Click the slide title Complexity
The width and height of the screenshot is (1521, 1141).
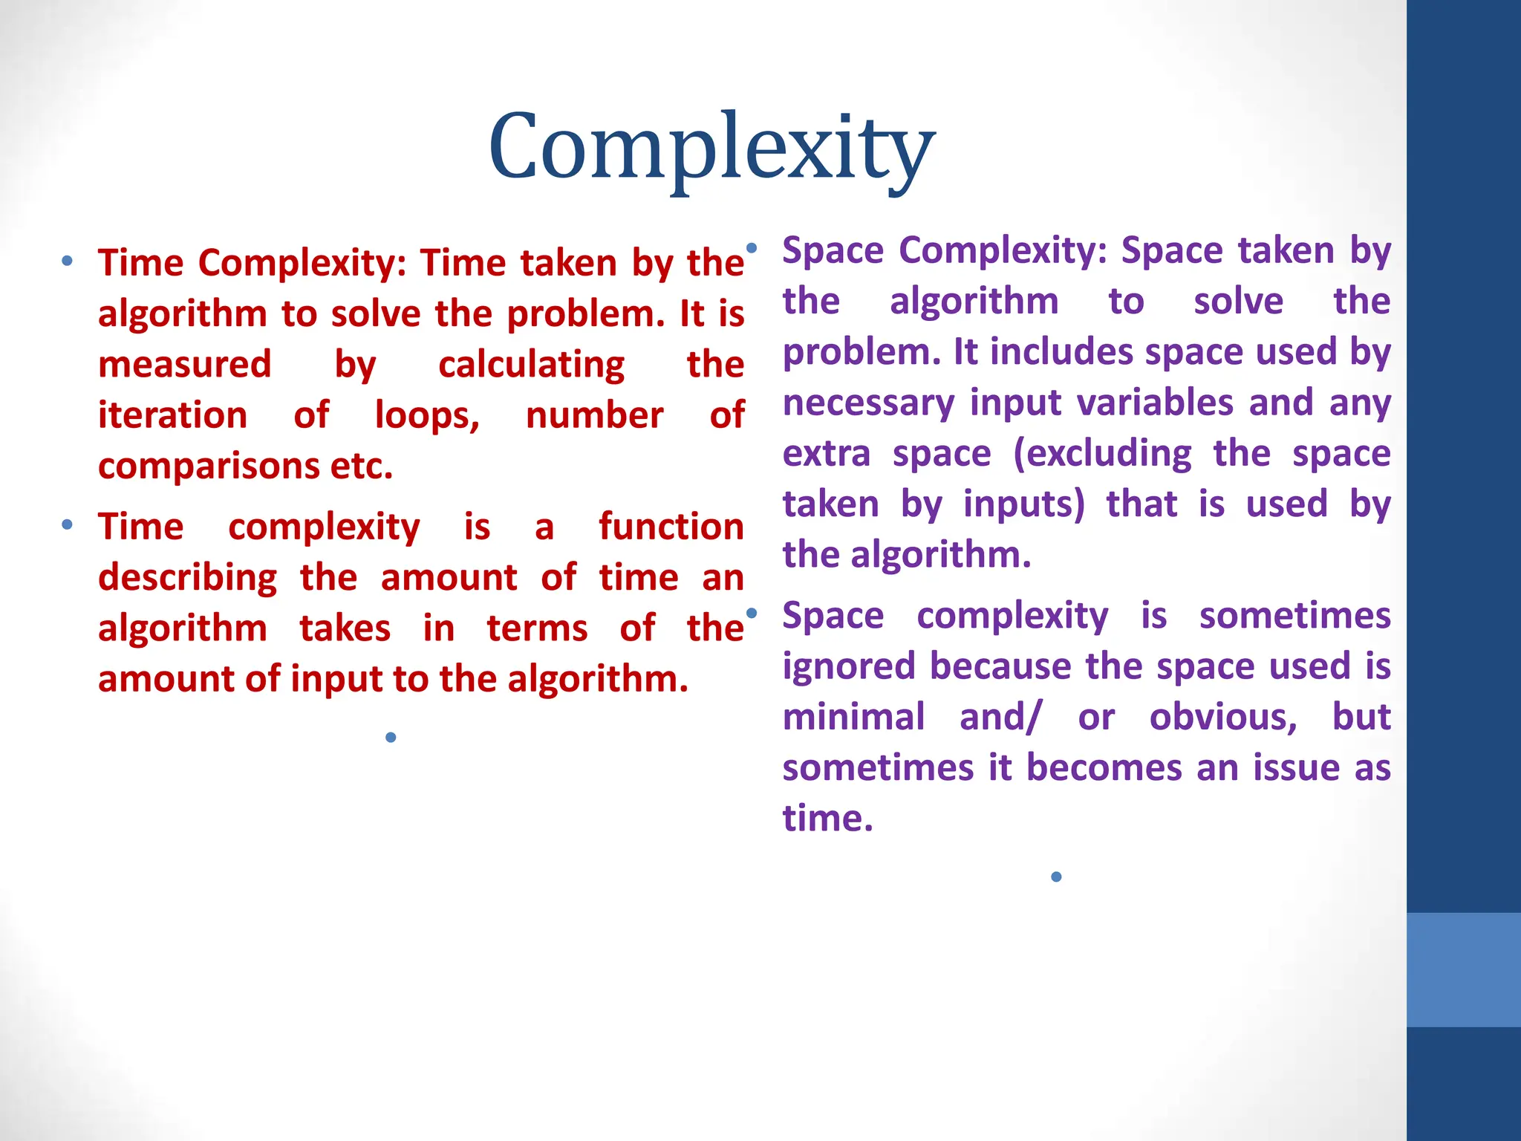coord(711,147)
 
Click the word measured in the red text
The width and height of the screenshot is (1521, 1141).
coord(184,365)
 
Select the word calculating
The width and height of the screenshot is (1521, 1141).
coord(531,365)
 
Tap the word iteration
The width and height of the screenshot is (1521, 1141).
coord(172,415)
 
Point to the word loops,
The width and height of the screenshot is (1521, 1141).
coord(427,415)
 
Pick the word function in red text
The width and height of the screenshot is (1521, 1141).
coord(671,527)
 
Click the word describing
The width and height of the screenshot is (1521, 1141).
coord(188,577)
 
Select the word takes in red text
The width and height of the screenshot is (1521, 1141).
coord(345,628)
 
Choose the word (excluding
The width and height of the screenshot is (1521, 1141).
coord(1102,453)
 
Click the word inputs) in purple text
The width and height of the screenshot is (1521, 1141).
coord(1023,504)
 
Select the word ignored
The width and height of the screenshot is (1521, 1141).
coord(850,666)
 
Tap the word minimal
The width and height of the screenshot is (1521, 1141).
coord(853,717)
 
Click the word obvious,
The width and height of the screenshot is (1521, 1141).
coord(1222,717)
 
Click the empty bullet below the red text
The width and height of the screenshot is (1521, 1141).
coord(391,737)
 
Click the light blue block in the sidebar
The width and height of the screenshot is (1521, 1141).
coord(1463,969)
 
